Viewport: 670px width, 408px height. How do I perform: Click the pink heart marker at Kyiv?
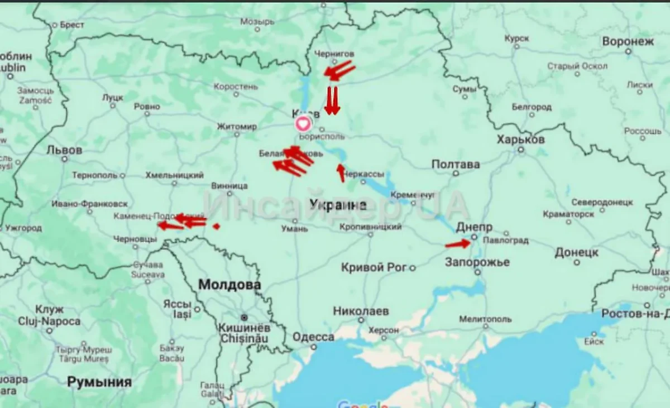[302, 124]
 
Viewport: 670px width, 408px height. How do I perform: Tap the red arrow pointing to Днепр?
[458, 244]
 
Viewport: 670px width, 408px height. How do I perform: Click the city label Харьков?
[520, 140]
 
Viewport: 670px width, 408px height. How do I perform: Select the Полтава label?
[455, 165]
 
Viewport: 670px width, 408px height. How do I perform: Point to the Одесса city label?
[313, 337]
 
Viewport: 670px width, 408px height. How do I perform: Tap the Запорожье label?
[477, 262]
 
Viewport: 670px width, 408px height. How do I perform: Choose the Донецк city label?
[576, 253]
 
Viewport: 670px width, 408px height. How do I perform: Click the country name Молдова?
[229, 285]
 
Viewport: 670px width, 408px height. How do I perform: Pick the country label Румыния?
[99, 382]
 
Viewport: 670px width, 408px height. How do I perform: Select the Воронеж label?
[628, 42]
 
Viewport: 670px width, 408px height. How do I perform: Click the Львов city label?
[64, 150]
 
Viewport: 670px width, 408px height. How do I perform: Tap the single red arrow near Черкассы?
[341, 173]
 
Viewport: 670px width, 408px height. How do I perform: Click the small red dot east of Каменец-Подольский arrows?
[216, 226]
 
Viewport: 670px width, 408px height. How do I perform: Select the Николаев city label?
[361, 311]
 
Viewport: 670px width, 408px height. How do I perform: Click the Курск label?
[516, 39]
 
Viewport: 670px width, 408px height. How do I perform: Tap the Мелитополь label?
[485, 319]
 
